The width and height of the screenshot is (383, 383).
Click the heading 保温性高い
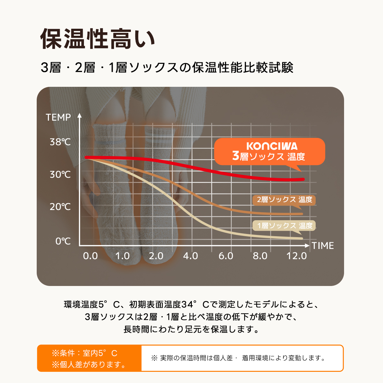pyautogui.click(x=98, y=39)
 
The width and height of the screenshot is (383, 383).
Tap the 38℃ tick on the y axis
pyautogui.click(x=60, y=142)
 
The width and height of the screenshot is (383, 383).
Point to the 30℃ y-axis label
pyautogui.click(x=60, y=175)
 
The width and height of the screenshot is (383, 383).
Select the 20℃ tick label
pyautogui.click(x=60, y=207)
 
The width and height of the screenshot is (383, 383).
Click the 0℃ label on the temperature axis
pyautogui.click(x=63, y=241)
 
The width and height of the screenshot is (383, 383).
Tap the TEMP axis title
pyautogui.click(x=58, y=117)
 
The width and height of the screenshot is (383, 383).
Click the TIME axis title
pyautogui.click(x=323, y=246)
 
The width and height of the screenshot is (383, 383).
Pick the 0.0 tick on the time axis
pyautogui.click(x=90, y=256)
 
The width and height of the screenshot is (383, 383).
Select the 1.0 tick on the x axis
pyautogui.click(x=122, y=256)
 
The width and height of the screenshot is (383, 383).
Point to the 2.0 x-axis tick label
pyautogui.click(x=156, y=256)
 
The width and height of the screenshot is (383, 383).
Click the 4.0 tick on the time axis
pyautogui.click(x=191, y=256)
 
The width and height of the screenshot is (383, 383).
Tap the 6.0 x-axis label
pyautogui.click(x=226, y=256)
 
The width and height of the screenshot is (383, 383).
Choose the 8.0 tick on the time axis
pyautogui.click(x=260, y=256)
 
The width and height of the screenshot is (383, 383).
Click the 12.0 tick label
pyautogui.click(x=297, y=256)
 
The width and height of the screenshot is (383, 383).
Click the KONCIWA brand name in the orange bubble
pyautogui.click(x=272, y=146)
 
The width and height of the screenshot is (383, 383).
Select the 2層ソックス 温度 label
pyautogui.click(x=284, y=200)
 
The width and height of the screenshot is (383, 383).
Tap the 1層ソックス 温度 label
pyautogui.click(x=284, y=226)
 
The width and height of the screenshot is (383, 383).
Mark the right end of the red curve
pyautogui.click(x=303, y=179)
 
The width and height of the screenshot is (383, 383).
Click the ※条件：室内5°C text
pyautogui.click(x=85, y=353)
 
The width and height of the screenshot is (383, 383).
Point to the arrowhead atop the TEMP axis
pyautogui.click(x=79, y=115)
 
